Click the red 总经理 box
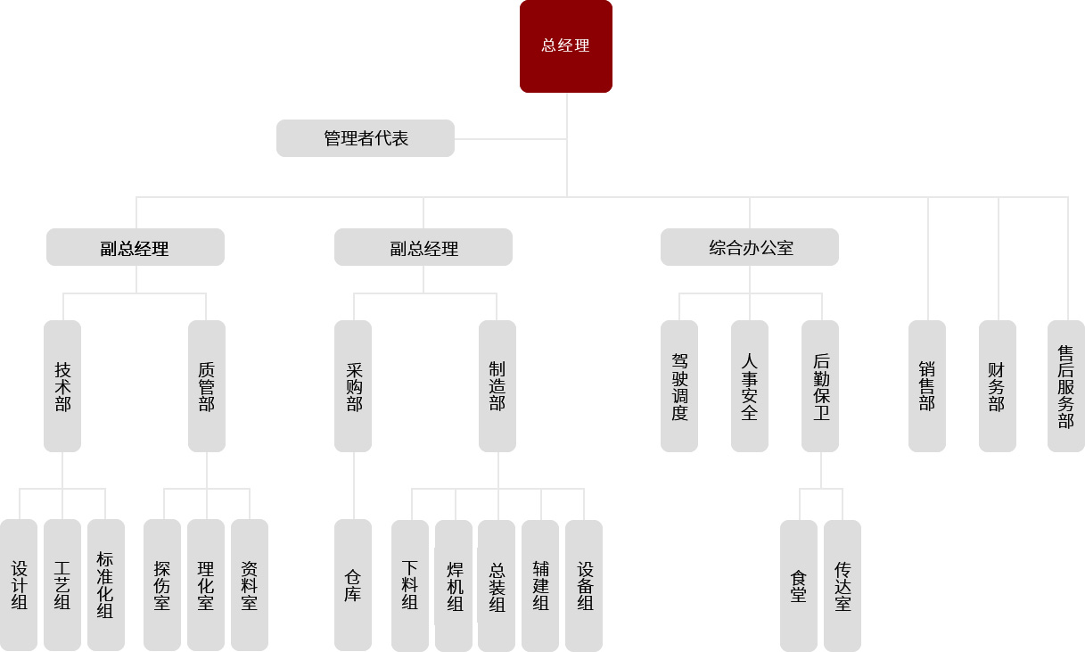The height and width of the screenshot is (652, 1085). tap(566, 46)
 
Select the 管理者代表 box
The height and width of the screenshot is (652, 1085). tap(366, 138)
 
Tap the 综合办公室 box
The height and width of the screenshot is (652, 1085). tap(750, 247)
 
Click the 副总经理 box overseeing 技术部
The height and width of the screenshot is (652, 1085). tap(136, 247)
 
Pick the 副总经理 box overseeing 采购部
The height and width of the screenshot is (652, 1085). tap(423, 247)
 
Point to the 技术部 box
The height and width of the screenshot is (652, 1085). tap(62, 386)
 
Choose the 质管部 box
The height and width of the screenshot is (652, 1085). tap(207, 386)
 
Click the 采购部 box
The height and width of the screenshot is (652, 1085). tap(353, 386)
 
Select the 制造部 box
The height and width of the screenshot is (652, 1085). tap(497, 386)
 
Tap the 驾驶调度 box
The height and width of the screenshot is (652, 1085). tap(679, 386)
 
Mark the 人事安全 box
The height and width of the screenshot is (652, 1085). tap(750, 386)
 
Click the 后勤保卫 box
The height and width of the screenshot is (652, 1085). tap(820, 386)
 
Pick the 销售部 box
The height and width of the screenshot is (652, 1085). tap(927, 386)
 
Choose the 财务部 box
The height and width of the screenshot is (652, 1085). tap(998, 386)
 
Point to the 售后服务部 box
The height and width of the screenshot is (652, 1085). tap(1066, 386)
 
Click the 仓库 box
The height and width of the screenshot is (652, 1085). tap(353, 585)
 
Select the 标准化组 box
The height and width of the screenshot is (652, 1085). tap(106, 585)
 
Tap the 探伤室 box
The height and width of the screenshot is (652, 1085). tap(162, 585)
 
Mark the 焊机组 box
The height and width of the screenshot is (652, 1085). tap(454, 585)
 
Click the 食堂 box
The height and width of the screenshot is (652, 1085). tap(799, 585)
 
